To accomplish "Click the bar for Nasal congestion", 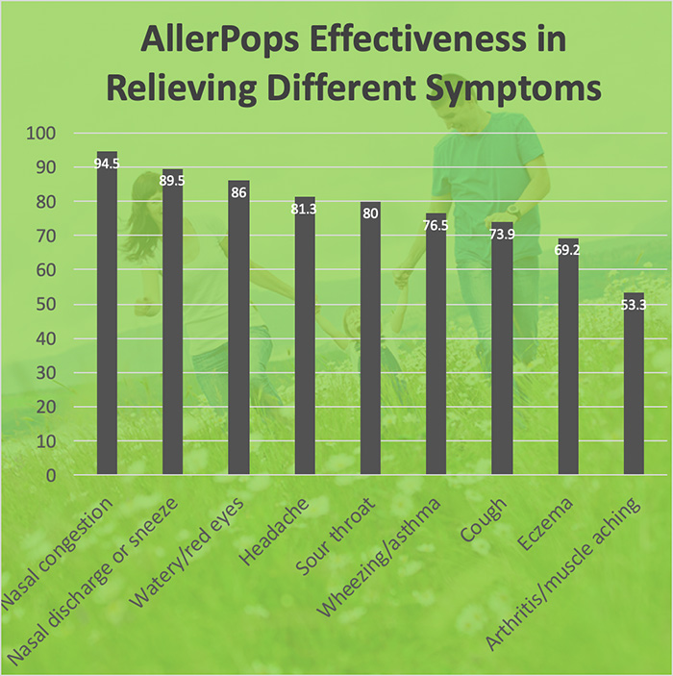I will pos(107,317).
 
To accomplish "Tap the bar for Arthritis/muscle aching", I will pos(634,385).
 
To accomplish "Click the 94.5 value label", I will pos(107,163).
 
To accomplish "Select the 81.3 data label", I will pos(305,209).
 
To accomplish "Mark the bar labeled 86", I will pos(238,328).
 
